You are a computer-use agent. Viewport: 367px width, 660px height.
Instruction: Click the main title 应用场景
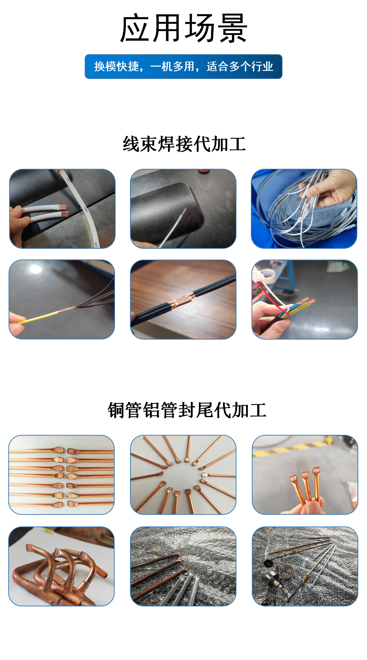pos(183,29)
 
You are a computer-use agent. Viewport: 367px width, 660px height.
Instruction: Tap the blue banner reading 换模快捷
pos(183,66)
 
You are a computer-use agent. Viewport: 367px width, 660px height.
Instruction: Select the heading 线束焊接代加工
pos(184,144)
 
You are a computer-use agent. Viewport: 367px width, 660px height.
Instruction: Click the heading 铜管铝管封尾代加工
pos(187,410)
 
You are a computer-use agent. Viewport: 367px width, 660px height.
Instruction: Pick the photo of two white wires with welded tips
pos(62,209)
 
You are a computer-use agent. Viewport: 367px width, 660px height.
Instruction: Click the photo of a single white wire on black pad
pos(183,209)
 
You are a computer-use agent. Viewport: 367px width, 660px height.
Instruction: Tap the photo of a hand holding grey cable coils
pos(304,209)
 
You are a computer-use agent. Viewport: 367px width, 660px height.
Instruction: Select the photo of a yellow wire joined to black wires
pos(62,299)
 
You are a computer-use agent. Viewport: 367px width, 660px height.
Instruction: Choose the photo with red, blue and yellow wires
pos(305,299)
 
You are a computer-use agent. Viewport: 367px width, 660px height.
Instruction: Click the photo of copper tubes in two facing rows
pos(62,474)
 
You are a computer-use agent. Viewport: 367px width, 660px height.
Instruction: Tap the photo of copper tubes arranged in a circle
pos(183,474)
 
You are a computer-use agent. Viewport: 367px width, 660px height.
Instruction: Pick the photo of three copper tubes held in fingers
pos(305,474)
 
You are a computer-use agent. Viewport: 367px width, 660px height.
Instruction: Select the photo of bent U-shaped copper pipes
pos(62,566)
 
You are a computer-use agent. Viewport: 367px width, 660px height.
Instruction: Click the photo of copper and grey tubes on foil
pos(183,566)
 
